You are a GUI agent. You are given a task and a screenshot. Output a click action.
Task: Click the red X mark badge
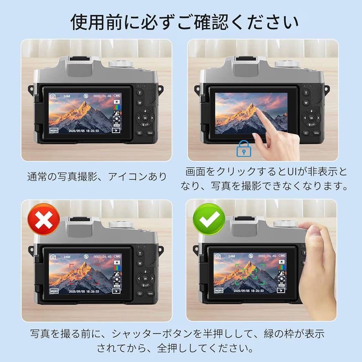click(43, 219)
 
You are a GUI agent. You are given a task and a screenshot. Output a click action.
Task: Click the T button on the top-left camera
click(140, 93)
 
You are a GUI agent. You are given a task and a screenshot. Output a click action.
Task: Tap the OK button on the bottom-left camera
click(145, 279)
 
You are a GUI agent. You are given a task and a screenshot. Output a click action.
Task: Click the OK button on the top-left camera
click(145, 118)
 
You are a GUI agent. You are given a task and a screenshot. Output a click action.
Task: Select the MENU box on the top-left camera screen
click(54, 131)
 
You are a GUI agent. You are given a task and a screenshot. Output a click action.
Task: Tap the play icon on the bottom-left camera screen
click(116, 291)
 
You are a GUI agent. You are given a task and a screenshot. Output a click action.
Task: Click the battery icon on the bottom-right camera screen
click(282, 257)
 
